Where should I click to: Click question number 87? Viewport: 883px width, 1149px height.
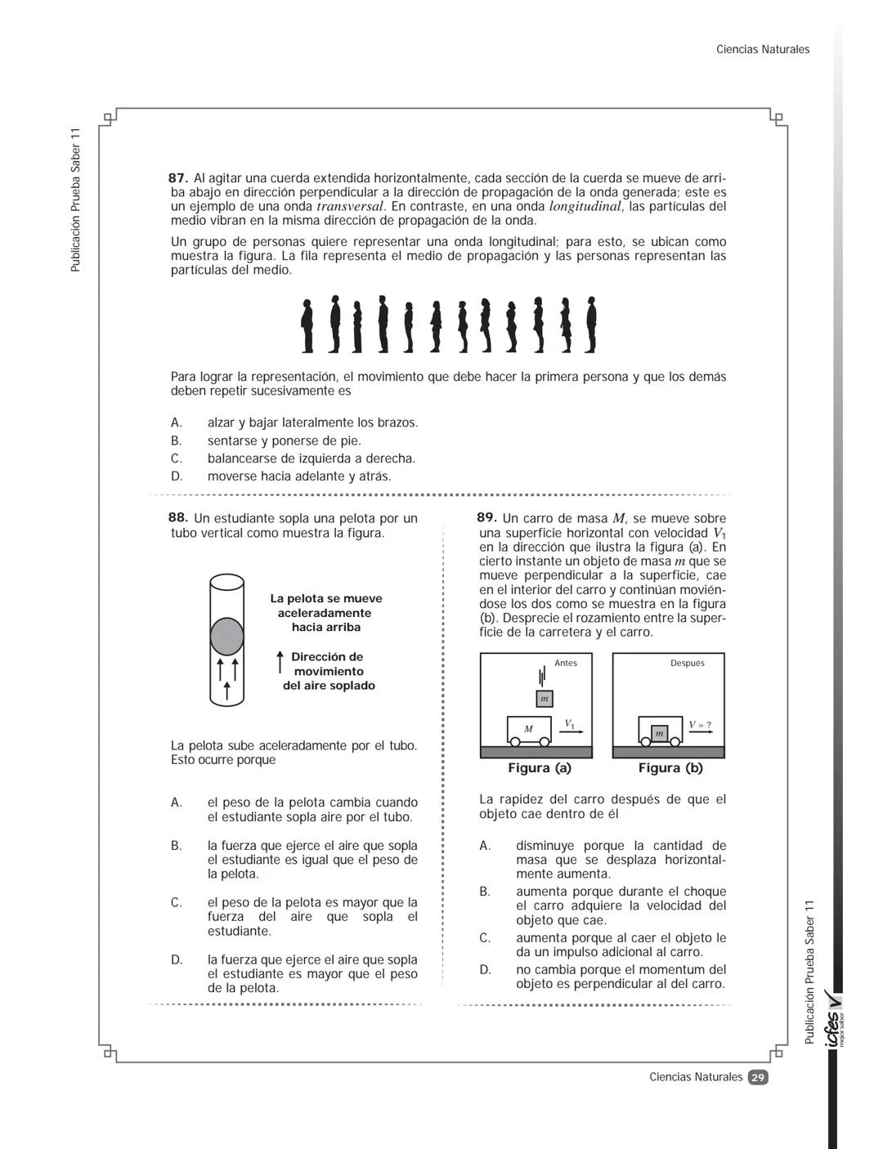pyautogui.click(x=178, y=178)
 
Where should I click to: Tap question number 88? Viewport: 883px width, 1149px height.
pyautogui.click(x=178, y=518)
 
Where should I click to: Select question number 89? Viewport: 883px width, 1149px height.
pyautogui.click(x=486, y=518)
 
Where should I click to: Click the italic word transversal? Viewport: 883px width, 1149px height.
pyautogui.click(x=349, y=207)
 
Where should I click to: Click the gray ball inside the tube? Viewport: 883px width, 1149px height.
pyautogui.click(x=227, y=637)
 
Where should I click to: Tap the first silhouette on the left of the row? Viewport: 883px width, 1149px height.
pyautogui.click(x=307, y=326)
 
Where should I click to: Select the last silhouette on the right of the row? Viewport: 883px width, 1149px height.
pyautogui.click(x=590, y=325)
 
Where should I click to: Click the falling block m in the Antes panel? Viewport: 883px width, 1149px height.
pyautogui.click(x=545, y=699)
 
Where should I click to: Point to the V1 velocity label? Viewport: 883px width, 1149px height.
pyautogui.click(x=569, y=723)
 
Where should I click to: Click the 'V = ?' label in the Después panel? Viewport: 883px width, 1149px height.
pyautogui.click(x=700, y=725)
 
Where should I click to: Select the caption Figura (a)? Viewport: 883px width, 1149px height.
pyautogui.click(x=540, y=768)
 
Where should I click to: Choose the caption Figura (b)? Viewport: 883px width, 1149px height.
pyautogui.click(x=670, y=768)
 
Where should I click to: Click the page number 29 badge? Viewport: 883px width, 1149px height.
pyautogui.click(x=758, y=1077)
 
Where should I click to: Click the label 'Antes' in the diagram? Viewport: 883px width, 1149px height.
pyautogui.click(x=566, y=664)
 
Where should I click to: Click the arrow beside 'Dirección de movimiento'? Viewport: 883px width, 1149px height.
pyautogui.click(x=280, y=663)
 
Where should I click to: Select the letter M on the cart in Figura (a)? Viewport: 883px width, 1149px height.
pyautogui.click(x=528, y=729)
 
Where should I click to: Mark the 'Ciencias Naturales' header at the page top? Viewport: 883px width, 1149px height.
pyautogui.click(x=763, y=50)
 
